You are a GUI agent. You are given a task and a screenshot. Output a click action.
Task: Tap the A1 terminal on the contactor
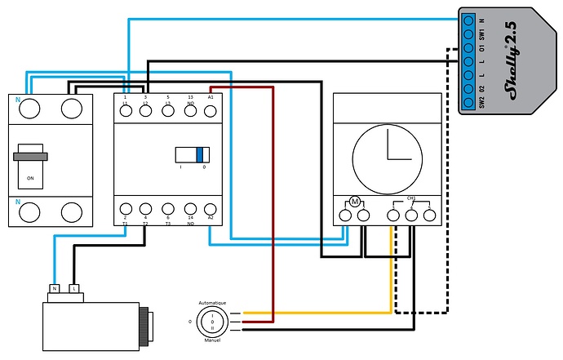211,111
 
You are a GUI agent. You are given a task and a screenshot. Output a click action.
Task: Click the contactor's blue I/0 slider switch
200,154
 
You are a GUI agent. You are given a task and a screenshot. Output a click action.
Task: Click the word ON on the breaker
31,178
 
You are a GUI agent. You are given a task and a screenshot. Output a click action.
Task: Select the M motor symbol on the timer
355,201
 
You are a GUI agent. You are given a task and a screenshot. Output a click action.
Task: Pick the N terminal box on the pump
55,289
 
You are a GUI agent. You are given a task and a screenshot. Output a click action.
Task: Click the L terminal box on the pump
74,289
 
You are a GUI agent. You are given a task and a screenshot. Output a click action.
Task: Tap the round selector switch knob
213,322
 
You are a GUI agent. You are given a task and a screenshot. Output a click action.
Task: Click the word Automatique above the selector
213,303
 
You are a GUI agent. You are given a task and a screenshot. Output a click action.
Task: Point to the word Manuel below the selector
213,340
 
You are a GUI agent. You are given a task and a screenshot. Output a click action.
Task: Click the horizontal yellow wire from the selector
318,313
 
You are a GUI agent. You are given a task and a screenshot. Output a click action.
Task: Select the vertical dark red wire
273,204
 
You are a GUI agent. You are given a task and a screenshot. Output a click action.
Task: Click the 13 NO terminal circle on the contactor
189,111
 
